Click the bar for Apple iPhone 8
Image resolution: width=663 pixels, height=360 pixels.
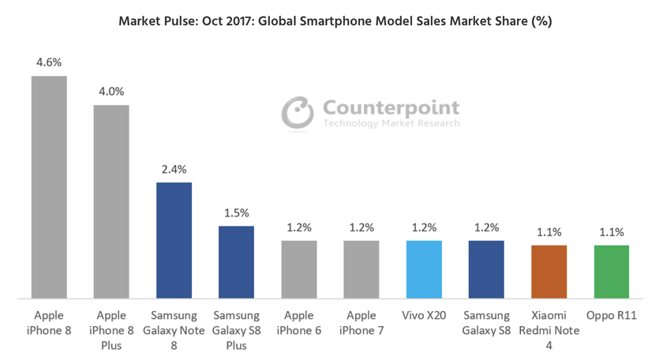(49, 188)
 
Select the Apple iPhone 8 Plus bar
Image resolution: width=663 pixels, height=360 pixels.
(111, 202)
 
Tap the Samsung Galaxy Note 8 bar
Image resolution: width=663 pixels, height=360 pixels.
(174, 241)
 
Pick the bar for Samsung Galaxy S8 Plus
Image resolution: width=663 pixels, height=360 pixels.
(236, 263)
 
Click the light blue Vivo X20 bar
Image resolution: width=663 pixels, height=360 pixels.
(424, 270)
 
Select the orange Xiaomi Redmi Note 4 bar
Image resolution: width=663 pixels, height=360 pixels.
(549, 272)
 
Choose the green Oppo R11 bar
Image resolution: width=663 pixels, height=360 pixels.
(611, 272)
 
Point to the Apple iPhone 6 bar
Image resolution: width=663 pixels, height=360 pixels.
(299, 270)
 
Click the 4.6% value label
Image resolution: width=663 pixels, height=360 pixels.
(49, 61)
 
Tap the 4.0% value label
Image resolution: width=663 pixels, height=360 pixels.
(111, 91)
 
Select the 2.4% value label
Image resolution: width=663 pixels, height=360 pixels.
(174, 168)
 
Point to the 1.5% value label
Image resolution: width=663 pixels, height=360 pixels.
(236, 212)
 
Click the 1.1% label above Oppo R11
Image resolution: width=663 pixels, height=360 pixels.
(611, 232)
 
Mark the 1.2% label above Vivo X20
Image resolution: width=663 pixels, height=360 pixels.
(424, 227)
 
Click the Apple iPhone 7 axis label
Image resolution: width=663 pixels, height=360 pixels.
(361, 323)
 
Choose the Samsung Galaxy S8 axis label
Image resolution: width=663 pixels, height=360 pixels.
(486, 323)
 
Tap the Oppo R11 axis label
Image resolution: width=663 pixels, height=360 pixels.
(611, 316)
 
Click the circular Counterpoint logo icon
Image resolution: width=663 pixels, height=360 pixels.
(299, 113)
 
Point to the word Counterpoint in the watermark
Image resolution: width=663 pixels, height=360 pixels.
(391, 108)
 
